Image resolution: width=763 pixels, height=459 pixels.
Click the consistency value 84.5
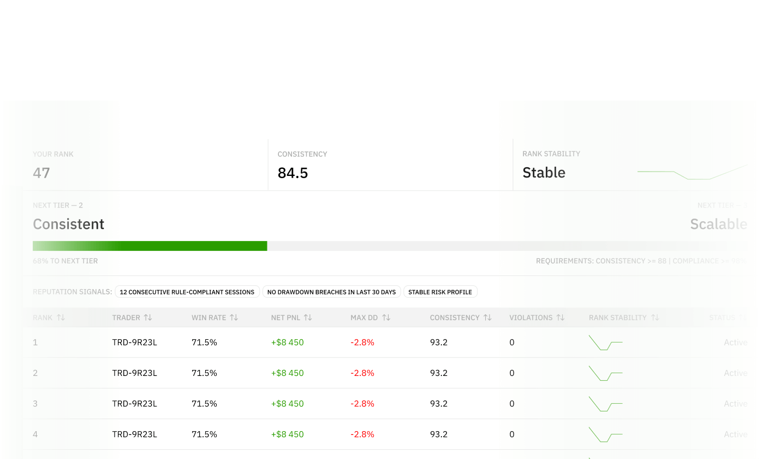click(293, 173)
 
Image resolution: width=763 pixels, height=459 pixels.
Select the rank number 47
click(41, 173)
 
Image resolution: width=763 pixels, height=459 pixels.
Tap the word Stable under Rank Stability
click(544, 173)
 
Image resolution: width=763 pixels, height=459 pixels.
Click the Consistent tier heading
click(68, 224)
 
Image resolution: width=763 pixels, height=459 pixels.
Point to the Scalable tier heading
click(718, 224)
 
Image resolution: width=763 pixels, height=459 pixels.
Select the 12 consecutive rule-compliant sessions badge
click(187, 292)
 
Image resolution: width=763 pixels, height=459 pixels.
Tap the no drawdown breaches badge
click(331, 292)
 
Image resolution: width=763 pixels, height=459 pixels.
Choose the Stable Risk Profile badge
click(440, 292)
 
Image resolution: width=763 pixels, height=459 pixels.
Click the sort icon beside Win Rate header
click(234, 317)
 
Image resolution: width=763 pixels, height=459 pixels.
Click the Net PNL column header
click(285, 317)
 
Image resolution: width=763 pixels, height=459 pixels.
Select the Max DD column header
click(364, 317)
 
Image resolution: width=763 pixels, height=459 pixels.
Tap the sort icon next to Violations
click(559, 317)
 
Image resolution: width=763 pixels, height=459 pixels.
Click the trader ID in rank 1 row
click(134, 343)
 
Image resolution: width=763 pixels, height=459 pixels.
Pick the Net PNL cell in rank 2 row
click(287, 373)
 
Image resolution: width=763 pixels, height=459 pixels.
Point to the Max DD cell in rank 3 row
click(362, 404)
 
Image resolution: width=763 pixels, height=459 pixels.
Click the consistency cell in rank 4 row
click(439, 434)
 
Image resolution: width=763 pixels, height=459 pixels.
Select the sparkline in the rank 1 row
click(605, 343)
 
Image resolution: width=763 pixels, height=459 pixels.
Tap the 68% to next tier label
click(65, 261)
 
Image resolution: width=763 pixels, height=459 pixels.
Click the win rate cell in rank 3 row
click(204, 404)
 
